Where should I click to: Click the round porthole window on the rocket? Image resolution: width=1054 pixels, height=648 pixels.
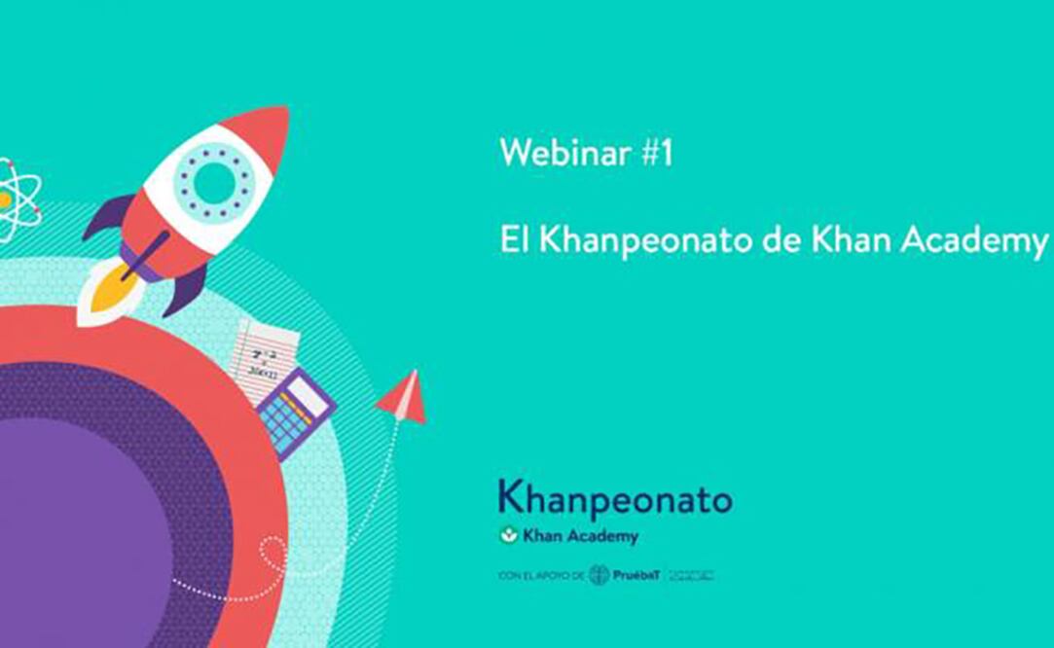(215, 182)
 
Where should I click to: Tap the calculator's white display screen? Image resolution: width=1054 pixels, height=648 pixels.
(309, 391)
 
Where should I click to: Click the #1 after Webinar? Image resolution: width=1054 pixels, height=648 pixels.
(657, 154)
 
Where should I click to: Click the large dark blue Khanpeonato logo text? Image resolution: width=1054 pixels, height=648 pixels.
(615, 499)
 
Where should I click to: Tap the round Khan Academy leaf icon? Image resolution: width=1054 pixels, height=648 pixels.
(507, 535)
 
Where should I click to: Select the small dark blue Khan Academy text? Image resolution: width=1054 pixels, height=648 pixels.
(581, 535)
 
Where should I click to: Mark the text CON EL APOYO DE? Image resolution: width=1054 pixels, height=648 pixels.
(541, 576)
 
